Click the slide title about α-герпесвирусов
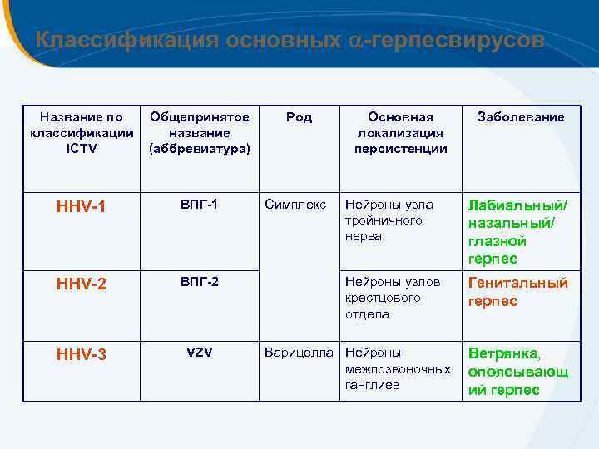[290, 40]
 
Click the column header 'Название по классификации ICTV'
[81, 133]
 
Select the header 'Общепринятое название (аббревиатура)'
[199, 133]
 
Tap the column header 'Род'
[299, 117]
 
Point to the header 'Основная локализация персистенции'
[401, 133]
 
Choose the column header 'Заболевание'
[520, 117]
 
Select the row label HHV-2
[81, 284]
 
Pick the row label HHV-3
[81, 355]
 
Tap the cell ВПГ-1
[199, 204]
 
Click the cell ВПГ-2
[199, 282]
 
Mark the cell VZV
[199, 353]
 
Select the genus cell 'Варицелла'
[299, 353]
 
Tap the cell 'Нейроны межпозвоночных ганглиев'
[398, 368]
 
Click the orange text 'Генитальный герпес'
[517, 292]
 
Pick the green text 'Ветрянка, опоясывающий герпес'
[517, 371]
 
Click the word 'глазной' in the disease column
[498, 241]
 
